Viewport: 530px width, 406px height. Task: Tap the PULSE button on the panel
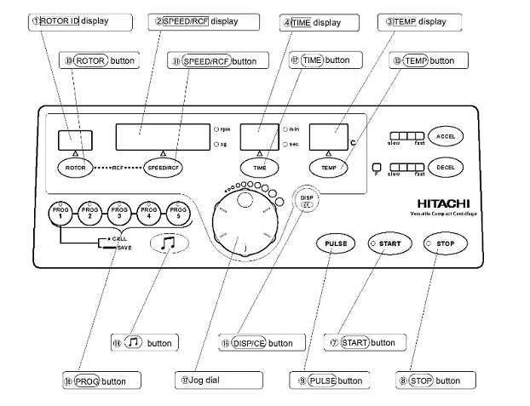[334, 243]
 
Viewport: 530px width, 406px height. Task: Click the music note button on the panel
[168, 243]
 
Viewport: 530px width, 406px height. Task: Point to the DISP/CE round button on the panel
[307, 201]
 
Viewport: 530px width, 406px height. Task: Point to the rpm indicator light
[216, 129]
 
